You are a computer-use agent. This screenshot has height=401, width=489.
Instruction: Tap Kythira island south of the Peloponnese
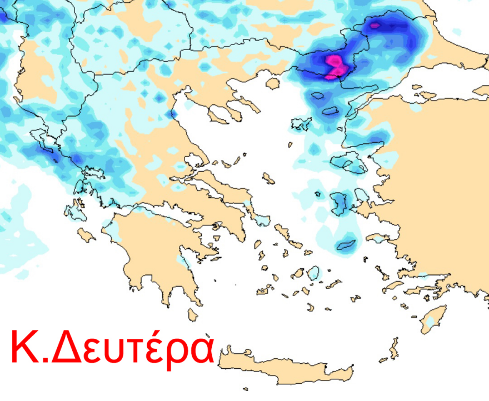tap(193, 315)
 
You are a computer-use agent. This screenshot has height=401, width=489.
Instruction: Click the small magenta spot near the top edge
tap(375, 25)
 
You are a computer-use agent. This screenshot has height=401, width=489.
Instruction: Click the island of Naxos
tap(313, 273)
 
